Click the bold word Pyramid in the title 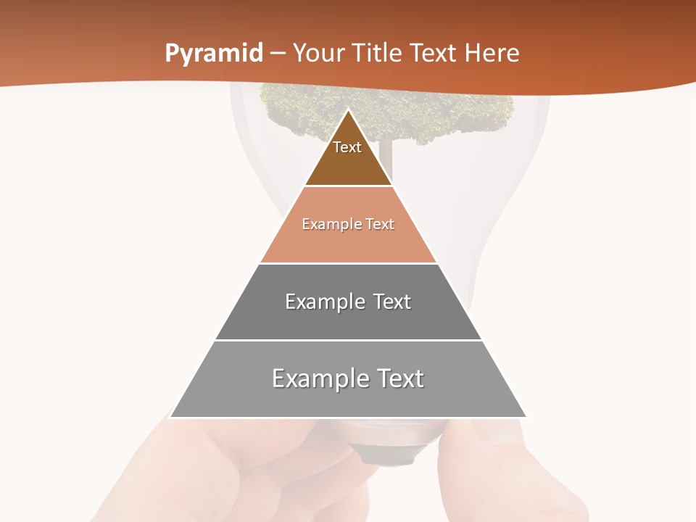213,54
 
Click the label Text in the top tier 347,147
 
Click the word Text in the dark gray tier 387,302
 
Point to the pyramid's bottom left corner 170,417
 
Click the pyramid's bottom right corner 526,417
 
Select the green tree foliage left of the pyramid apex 297,109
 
